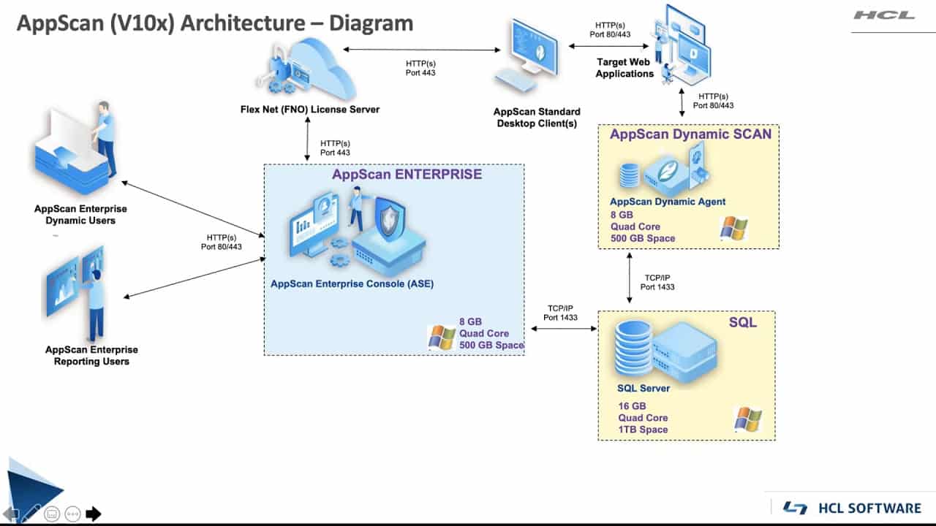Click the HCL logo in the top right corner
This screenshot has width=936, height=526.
pos(884,15)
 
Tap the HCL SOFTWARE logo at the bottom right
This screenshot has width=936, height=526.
pos(852,508)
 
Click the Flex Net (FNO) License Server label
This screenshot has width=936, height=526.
pos(310,110)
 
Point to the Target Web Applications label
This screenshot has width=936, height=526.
pos(624,68)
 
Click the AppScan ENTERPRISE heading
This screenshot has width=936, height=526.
pos(407,175)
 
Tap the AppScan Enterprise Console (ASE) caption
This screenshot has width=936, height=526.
pos(352,283)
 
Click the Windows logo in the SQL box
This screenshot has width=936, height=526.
pos(747,419)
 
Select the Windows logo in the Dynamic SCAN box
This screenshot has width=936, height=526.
pos(733,228)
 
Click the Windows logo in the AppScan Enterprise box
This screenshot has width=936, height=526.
pos(442,338)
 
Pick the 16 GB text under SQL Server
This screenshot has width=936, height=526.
pos(632,406)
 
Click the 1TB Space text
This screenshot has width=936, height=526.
pos(643,430)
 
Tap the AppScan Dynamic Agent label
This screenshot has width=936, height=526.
pos(668,202)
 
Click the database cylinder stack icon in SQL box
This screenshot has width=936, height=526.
pos(633,347)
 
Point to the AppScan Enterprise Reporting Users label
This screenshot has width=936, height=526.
pos(91,356)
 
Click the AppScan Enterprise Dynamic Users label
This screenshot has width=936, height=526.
pos(80,215)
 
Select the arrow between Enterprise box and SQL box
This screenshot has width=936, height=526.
pos(564,329)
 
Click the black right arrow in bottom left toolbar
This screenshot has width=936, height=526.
pos(93,514)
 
